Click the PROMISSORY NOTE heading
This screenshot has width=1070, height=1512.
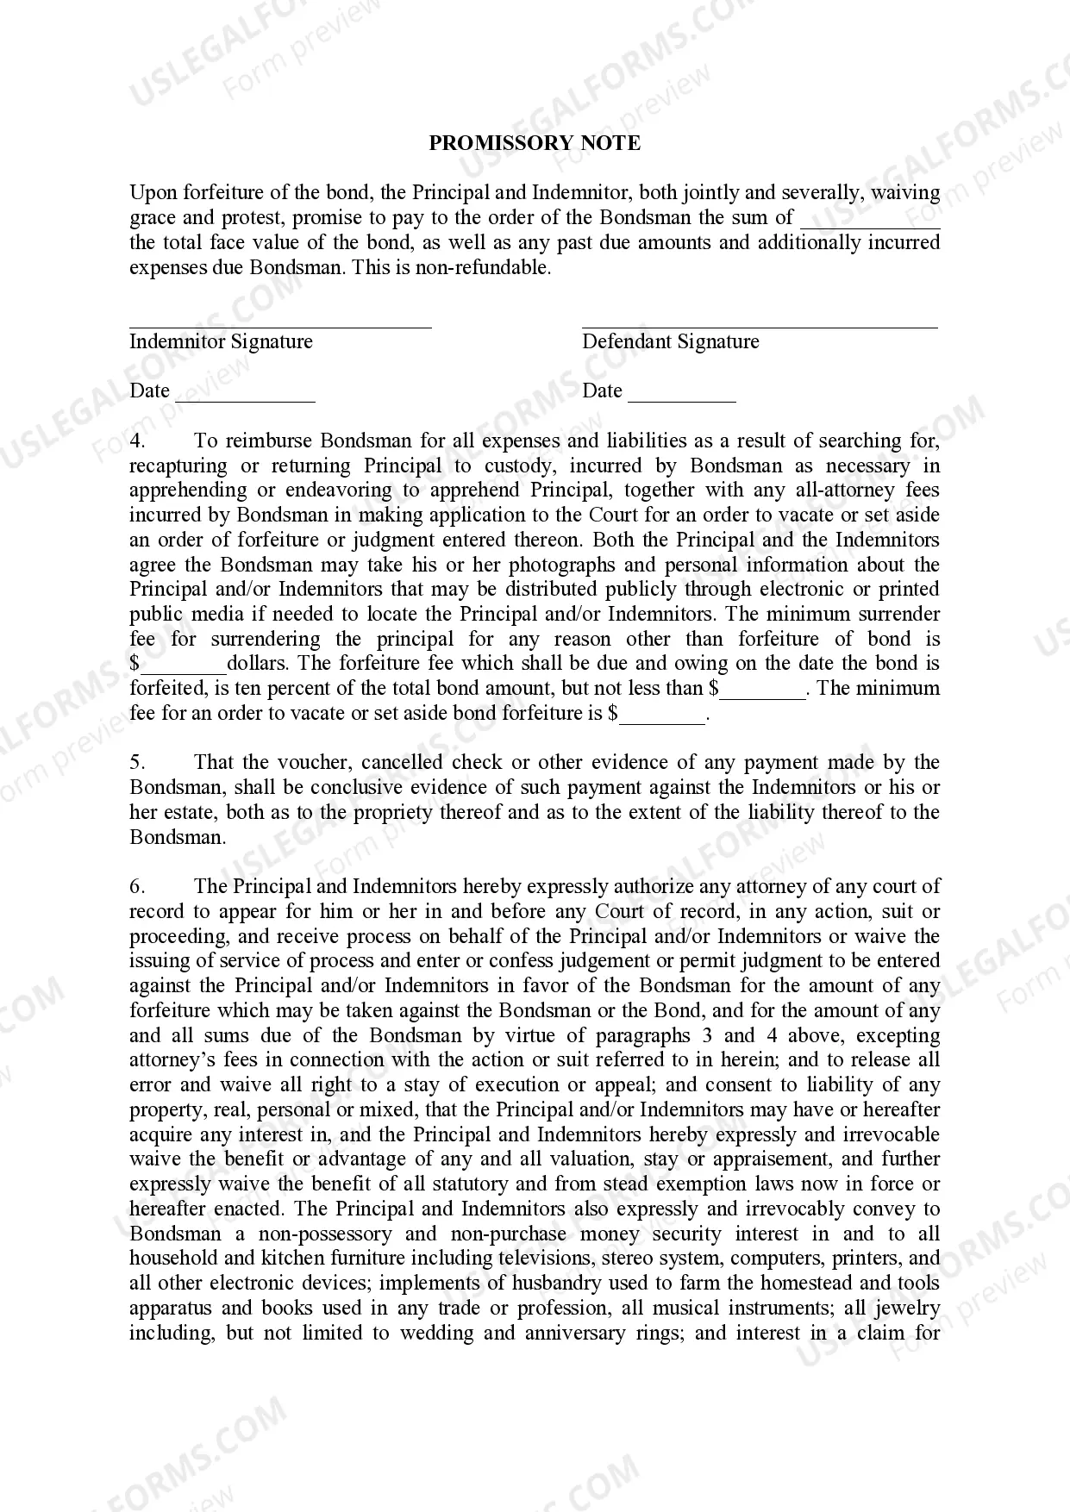[x=535, y=143]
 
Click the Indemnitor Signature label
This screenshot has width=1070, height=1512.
[x=221, y=341]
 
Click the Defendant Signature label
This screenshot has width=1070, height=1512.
[x=670, y=341]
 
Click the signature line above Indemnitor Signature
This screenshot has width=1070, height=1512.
[x=280, y=327]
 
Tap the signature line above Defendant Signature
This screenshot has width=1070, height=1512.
[x=759, y=327]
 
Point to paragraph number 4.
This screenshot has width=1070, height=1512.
[x=138, y=441]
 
